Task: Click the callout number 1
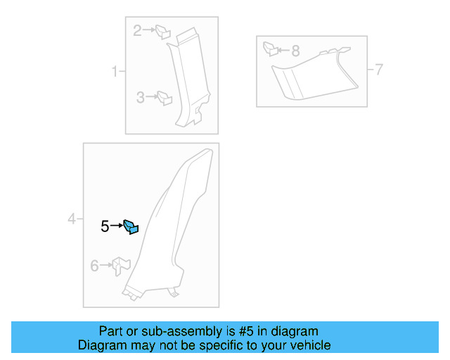115,71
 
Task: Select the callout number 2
138,30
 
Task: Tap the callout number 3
140,98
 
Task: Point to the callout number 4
72,220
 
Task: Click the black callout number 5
105,226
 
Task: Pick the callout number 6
94,265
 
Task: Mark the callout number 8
295,51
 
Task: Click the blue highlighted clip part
131,226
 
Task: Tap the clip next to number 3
165,98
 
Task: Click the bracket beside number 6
122,266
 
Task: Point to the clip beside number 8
269,49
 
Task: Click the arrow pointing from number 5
116,226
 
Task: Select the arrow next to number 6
106,265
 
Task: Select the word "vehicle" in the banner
309,345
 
